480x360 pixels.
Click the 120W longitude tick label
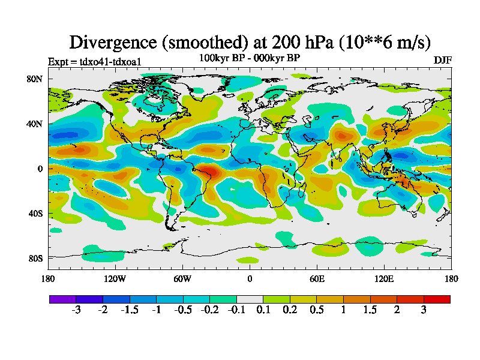click(x=115, y=278)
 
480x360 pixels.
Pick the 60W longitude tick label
click(x=182, y=278)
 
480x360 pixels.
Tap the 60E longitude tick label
click(x=317, y=278)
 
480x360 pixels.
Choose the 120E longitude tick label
click(x=384, y=278)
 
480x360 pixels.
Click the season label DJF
click(x=442, y=61)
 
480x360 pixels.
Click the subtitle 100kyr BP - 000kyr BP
click(x=250, y=58)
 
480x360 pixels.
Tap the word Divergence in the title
click(x=114, y=42)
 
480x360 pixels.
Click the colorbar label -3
click(x=76, y=310)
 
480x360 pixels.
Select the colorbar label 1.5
click(x=371, y=310)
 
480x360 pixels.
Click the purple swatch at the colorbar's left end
click(x=62, y=299)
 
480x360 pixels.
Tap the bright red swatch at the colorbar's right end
click(x=437, y=299)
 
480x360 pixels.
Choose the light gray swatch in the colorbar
click(x=250, y=299)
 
